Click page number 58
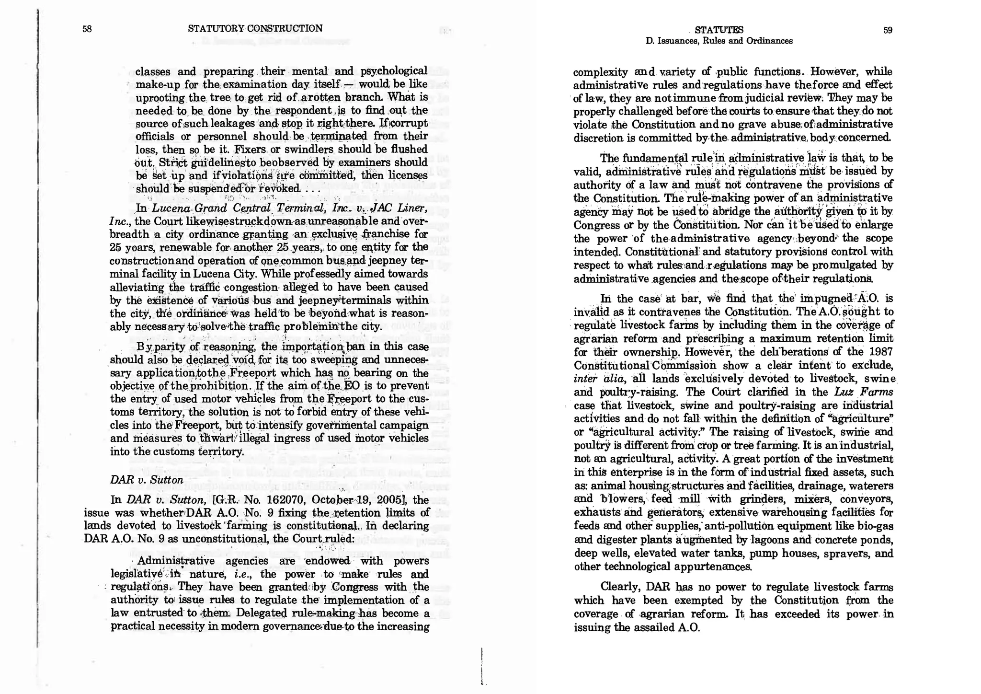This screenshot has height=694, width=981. coord(87,29)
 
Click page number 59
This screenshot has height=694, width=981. coord(888,30)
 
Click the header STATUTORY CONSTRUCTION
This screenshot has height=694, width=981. coord(255,28)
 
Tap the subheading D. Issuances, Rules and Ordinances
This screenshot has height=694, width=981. coord(719,41)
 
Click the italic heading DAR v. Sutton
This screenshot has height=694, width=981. coord(147,480)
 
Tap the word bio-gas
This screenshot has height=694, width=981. coord(876,526)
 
